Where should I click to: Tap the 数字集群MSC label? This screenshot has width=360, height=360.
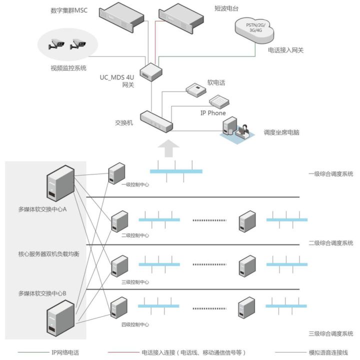point(69,10)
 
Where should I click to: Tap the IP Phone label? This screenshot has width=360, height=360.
point(213,113)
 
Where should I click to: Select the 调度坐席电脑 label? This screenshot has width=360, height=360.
point(281,133)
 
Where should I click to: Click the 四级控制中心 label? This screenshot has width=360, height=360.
point(135,324)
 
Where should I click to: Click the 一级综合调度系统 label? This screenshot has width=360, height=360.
point(330,174)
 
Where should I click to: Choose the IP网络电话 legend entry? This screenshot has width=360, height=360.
point(65,352)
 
